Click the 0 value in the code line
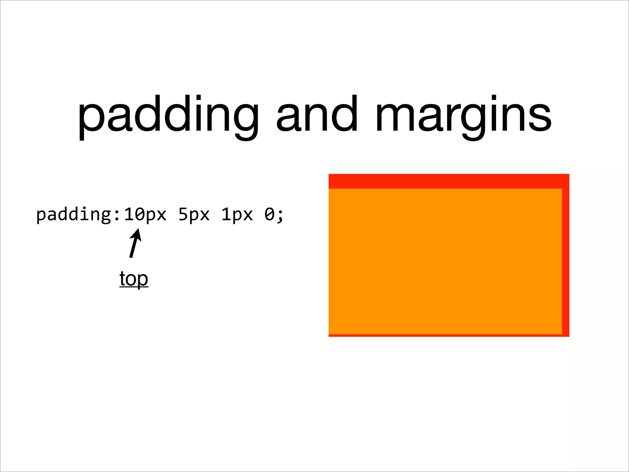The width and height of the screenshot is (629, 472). pos(270,214)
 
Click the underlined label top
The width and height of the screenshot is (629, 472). pos(134,279)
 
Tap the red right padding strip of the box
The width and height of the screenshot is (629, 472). pos(565,261)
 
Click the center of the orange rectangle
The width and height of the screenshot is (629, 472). pos(445,261)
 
